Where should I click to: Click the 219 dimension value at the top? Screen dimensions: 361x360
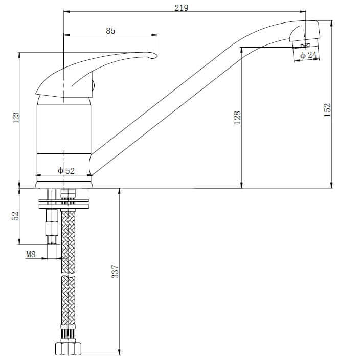point(181,8)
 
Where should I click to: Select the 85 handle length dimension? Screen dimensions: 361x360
point(110,31)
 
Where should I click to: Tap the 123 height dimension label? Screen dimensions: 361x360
point(16,118)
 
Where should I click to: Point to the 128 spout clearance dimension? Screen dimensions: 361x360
point(237,118)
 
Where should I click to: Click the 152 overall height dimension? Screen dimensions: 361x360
point(327,110)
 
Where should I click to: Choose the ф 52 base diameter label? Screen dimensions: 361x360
point(66,171)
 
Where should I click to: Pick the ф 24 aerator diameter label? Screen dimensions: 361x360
point(308,55)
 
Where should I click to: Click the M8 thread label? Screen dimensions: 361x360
point(31,254)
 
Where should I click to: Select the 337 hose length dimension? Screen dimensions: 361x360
point(115,272)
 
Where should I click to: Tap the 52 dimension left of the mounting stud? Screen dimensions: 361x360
point(15,216)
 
